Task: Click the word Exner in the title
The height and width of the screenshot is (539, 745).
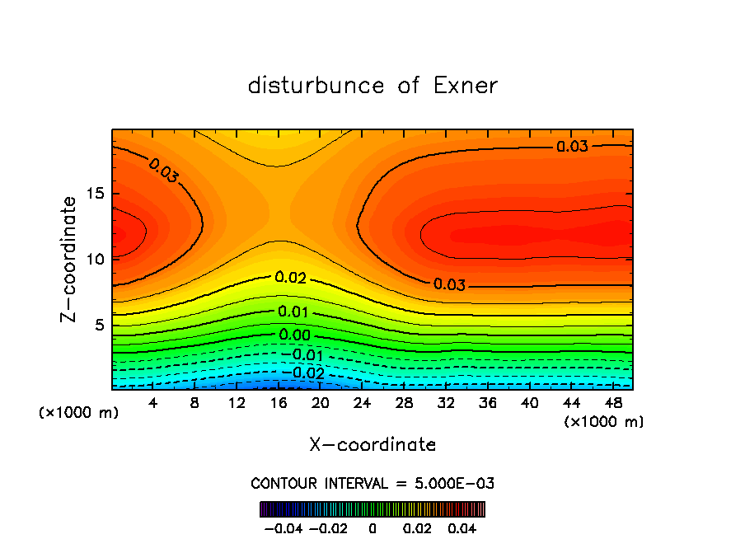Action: coord(466,86)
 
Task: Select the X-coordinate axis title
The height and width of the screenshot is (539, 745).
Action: coord(372,445)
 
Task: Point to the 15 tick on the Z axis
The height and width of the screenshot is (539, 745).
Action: coord(95,194)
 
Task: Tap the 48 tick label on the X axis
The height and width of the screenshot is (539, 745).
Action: coord(612,402)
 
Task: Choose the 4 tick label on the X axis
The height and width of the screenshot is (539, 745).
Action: coord(153,402)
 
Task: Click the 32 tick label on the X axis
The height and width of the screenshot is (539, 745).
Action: coord(446,402)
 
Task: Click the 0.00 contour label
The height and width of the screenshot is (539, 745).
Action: coord(294,335)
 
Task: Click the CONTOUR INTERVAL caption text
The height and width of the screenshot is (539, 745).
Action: coord(372,483)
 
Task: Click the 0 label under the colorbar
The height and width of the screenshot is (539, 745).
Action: coord(372,527)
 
